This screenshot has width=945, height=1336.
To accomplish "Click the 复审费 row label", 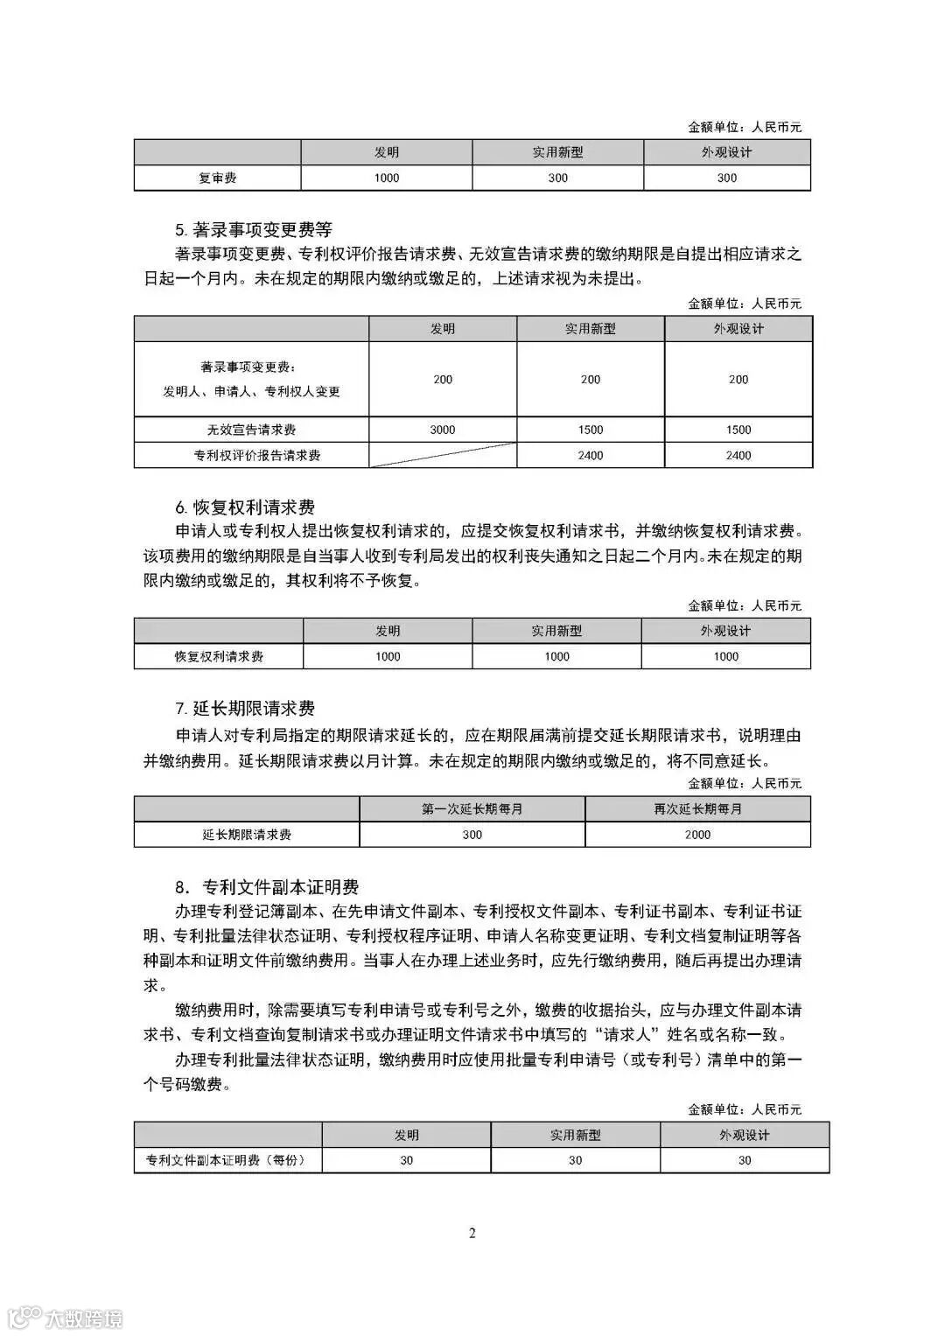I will pyautogui.click(x=217, y=178).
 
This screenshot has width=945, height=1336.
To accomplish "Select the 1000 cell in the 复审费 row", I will pyautogui.click(x=386, y=178).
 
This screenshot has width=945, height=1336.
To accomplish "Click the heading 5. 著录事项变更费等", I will pyautogui.click(x=254, y=230).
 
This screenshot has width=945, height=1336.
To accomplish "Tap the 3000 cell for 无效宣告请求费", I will pyautogui.click(x=443, y=430).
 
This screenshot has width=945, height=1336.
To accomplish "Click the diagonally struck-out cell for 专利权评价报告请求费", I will pyautogui.click(x=443, y=455).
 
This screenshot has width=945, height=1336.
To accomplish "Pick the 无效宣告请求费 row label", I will pyautogui.click(x=251, y=430).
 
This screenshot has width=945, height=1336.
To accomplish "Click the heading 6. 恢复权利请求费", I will pyautogui.click(x=245, y=507).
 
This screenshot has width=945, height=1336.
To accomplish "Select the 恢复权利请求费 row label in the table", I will pyautogui.click(x=219, y=656).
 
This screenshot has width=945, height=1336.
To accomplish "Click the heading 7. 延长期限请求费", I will pyautogui.click(x=245, y=709).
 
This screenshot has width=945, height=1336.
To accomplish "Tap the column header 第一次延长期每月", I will pyautogui.click(x=472, y=809).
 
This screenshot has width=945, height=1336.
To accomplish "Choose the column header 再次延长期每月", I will pyautogui.click(x=697, y=809).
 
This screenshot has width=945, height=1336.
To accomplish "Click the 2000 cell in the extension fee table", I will pyautogui.click(x=697, y=835).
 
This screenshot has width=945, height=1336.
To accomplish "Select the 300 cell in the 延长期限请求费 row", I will pyautogui.click(x=472, y=835).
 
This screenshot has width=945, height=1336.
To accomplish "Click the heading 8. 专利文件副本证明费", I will pyautogui.click(x=267, y=887).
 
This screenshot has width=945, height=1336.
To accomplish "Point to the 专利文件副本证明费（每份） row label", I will pyautogui.click(x=227, y=1160).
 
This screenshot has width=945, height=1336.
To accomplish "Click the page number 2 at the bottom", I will pyautogui.click(x=472, y=1234).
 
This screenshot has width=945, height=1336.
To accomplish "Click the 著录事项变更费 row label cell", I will pyautogui.click(x=251, y=379).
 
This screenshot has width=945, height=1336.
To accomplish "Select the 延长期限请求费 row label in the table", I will pyautogui.click(x=247, y=835).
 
